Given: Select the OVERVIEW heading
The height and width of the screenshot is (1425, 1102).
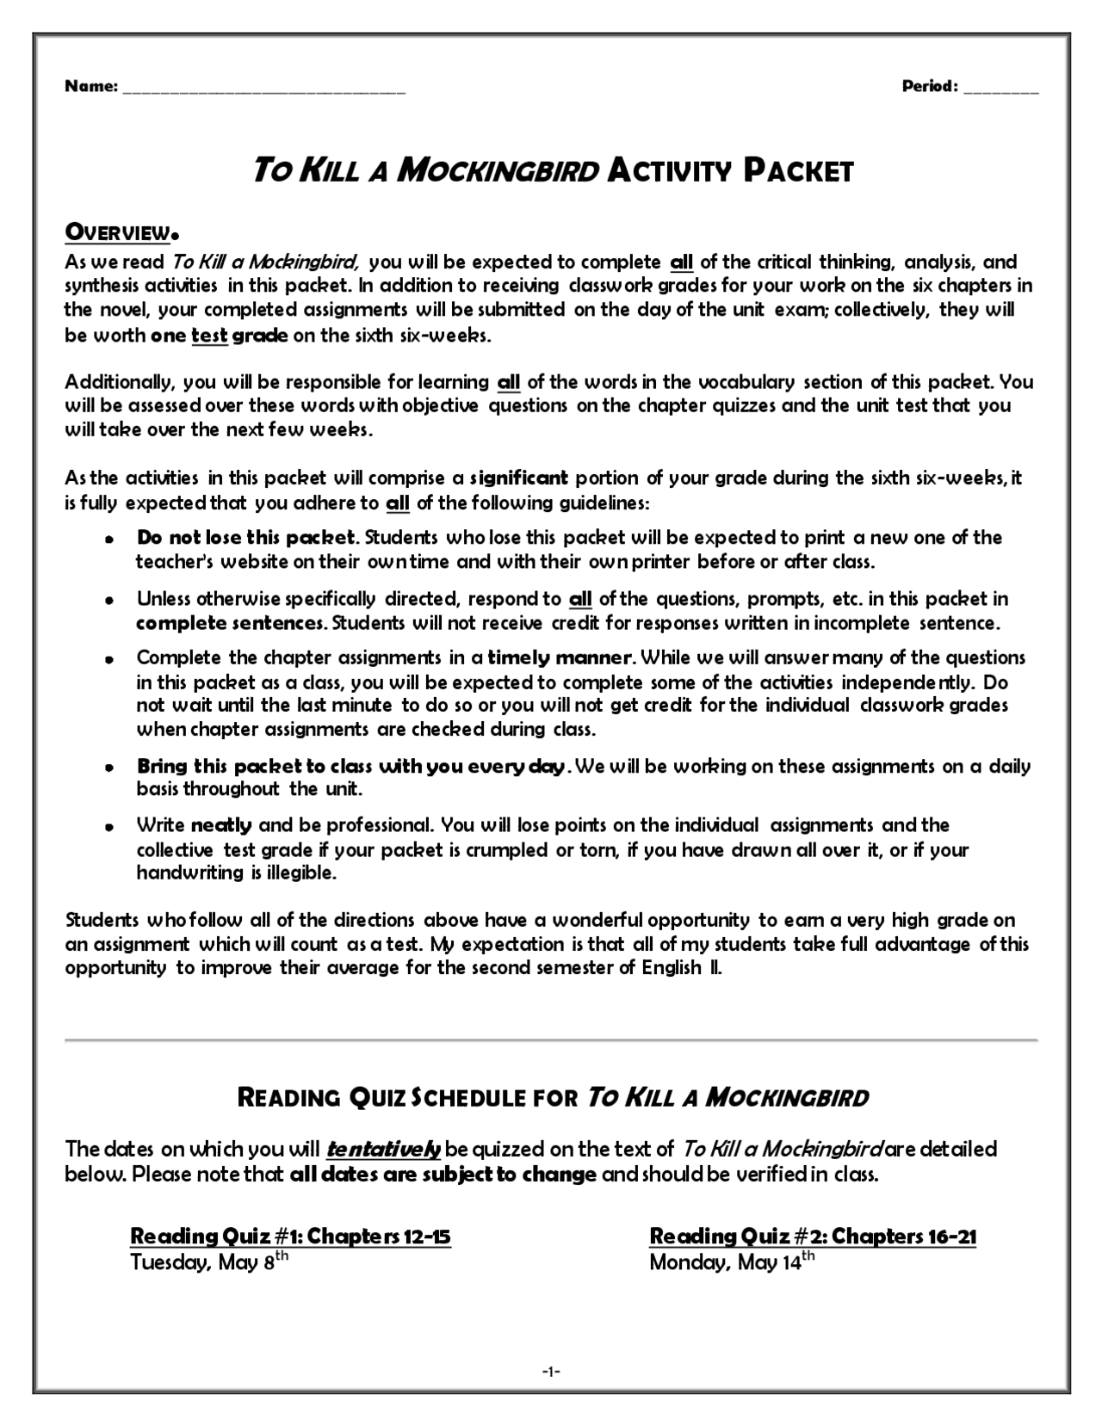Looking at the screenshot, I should [118, 232].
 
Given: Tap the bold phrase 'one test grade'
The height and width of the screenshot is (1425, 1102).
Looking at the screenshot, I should [219, 336].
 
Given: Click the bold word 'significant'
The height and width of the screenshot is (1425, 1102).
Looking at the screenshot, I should [519, 478].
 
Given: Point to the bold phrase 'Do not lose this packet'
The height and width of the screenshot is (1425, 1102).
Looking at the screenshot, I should [245, 538].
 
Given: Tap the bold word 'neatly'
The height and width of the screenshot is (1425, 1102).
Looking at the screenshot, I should [221, 826].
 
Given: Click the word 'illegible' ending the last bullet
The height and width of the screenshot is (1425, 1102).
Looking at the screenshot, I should [300, 873].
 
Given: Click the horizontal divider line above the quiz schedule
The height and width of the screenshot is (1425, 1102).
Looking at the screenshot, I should [551, 1040].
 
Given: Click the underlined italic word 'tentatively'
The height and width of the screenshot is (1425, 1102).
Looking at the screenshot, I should [384, 1149].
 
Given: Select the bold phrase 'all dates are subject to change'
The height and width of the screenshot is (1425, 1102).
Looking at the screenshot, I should [443, 1175].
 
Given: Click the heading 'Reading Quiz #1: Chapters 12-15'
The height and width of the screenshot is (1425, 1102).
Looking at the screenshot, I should [290, 1237].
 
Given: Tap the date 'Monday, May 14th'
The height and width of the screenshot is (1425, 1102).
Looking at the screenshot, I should [731, 1262].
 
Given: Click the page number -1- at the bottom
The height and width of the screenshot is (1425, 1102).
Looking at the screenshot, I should [551, 1371].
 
